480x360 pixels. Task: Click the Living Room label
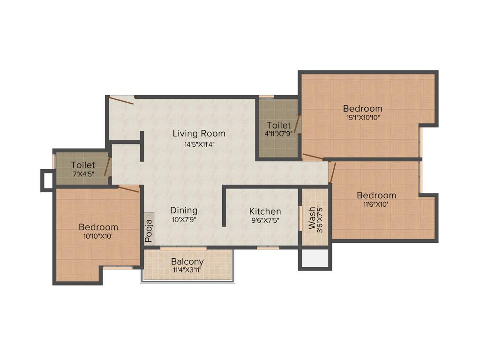click(199, 134)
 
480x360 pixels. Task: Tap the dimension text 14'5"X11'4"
click(199, 144)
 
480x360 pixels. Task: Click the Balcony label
click(187, 262)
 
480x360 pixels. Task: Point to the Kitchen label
click(265, 211)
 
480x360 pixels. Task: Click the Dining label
click(184, 210)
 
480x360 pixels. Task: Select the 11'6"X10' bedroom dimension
click(376, 205)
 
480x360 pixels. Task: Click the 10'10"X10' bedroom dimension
click(98, 237)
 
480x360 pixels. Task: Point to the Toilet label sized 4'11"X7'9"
click(278, 126)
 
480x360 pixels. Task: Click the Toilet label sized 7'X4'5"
click(83, 165)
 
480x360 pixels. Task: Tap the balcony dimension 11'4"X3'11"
click(187, 270)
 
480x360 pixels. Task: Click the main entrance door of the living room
click(121, 99)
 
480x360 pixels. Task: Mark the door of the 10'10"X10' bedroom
click(128, 188)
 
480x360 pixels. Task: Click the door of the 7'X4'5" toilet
click(108, 166)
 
